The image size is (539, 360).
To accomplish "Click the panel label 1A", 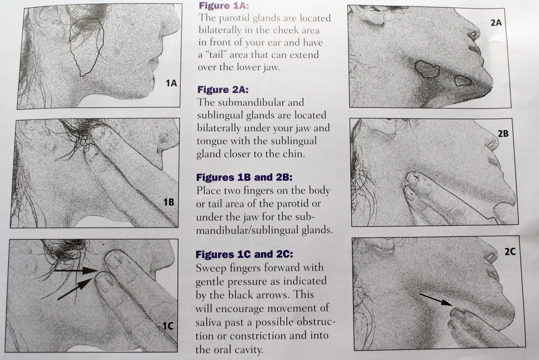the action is click(171, 83).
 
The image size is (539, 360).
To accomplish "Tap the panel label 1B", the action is click(169, 202).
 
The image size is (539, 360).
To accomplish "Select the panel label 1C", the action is click(168, 326).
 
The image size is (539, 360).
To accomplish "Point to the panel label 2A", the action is click(496, 23).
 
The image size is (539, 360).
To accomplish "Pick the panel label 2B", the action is click(503, 133).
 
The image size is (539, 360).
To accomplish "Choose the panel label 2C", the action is click(510, 252).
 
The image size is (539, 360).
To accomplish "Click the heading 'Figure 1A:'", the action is click(224, 5).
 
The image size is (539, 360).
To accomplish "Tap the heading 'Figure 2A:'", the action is click(223, 90).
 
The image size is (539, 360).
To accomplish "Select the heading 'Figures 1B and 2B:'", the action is click(244, 177).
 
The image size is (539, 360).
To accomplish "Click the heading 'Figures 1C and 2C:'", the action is click(244, 254).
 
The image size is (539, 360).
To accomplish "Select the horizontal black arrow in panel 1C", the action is click(76, 270).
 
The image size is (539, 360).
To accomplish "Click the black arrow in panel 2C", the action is click(436, 299).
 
